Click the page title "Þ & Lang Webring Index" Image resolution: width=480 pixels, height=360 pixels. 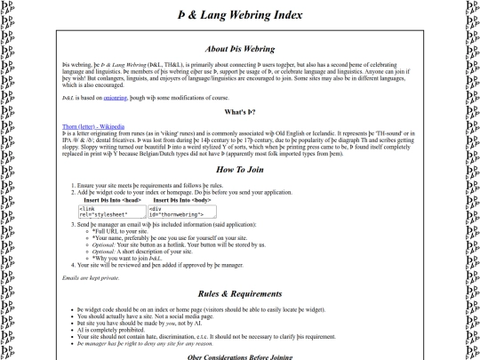coord(239,14)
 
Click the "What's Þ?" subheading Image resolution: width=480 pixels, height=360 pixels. coord(240,112)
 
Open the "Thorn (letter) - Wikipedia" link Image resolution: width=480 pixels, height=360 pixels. coord(93,126)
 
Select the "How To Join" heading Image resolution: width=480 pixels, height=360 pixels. coord(239,170)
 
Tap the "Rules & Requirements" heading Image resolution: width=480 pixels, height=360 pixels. coord(239,268)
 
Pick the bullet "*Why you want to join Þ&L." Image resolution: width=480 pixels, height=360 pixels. coord(139,258)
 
